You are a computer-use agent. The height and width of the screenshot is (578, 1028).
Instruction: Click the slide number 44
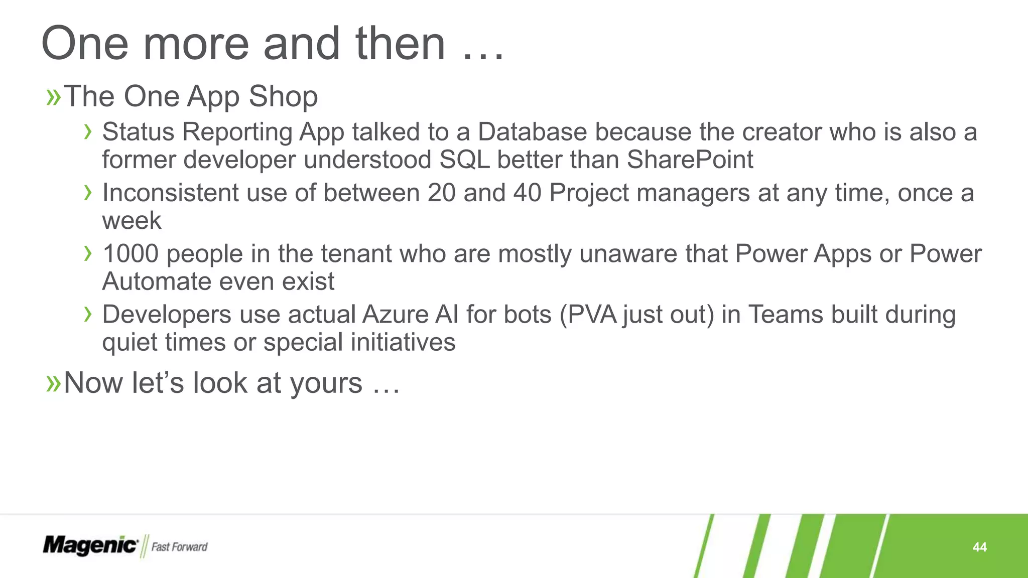click(x=979, y=547)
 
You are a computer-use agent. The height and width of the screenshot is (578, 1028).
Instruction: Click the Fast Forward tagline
click(x=179, y=547)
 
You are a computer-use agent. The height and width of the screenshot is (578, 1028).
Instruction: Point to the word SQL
click(x=464, y=160)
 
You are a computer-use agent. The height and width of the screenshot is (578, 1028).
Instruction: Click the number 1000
click(x=131, y=254)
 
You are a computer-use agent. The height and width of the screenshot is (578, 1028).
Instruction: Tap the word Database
click(x=532, y=132)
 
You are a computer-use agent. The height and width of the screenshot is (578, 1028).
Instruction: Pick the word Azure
click(x=395, y=315)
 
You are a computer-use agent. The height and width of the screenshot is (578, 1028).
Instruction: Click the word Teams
click(x=786, y=315)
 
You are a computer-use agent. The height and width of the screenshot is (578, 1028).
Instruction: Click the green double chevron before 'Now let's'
click(x=53, y=384)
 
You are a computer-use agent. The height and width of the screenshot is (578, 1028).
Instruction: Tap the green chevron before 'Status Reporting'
click(x=88, y=132)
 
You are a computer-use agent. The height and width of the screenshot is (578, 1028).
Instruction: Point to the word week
click(x=132, y=221)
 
